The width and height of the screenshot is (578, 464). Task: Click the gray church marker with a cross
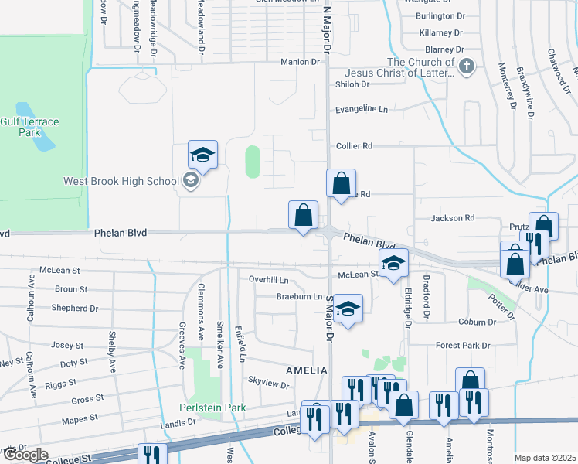point(466,67)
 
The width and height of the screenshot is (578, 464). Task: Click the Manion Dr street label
point(300,62)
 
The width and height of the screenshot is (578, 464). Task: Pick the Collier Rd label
point(355,145)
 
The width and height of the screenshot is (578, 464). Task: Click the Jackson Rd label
point(452,219)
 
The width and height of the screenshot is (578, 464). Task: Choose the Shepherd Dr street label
point(75,308)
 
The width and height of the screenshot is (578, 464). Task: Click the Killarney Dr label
point(440,33)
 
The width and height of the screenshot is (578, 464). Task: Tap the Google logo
point(25,455)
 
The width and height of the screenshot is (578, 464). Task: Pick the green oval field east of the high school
point(253,162)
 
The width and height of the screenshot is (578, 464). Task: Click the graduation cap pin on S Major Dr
point(348,309)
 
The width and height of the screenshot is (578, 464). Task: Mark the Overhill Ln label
point(268,279)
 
